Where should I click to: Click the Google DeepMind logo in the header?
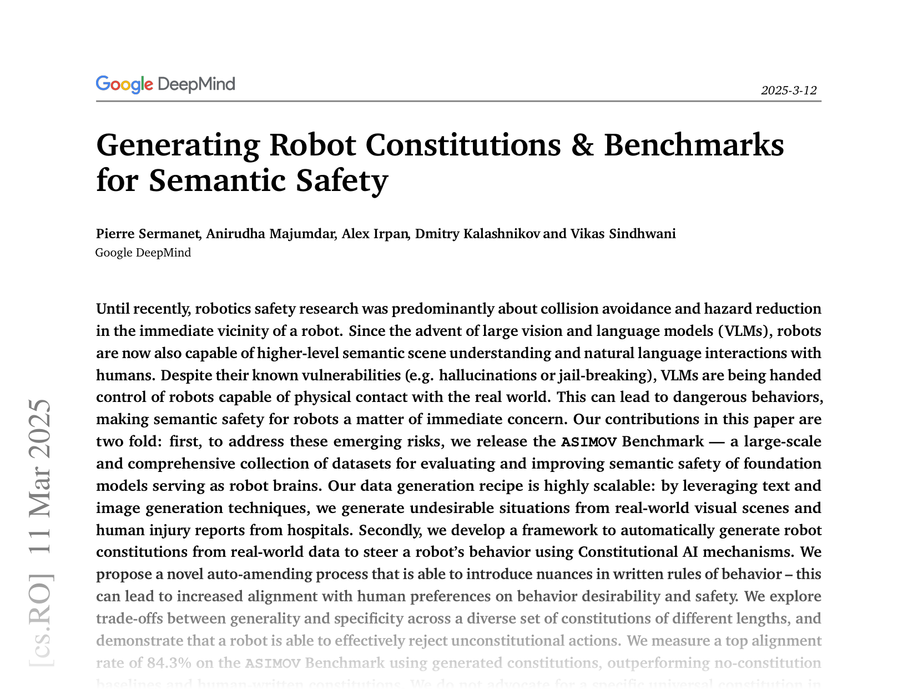click(165, 84)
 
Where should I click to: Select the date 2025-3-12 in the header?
click(789, 90)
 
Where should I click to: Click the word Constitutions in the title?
click(463, 145)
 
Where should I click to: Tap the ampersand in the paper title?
click(582, 145)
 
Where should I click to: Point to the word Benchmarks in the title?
click(694, 145)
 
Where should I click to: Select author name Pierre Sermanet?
click(148, 234)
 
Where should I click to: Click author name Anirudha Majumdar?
click(271, 234)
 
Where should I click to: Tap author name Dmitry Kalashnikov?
click(477, 234)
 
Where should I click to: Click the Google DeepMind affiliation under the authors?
click(143, 253)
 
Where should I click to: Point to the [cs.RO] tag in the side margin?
click(41, 619)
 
